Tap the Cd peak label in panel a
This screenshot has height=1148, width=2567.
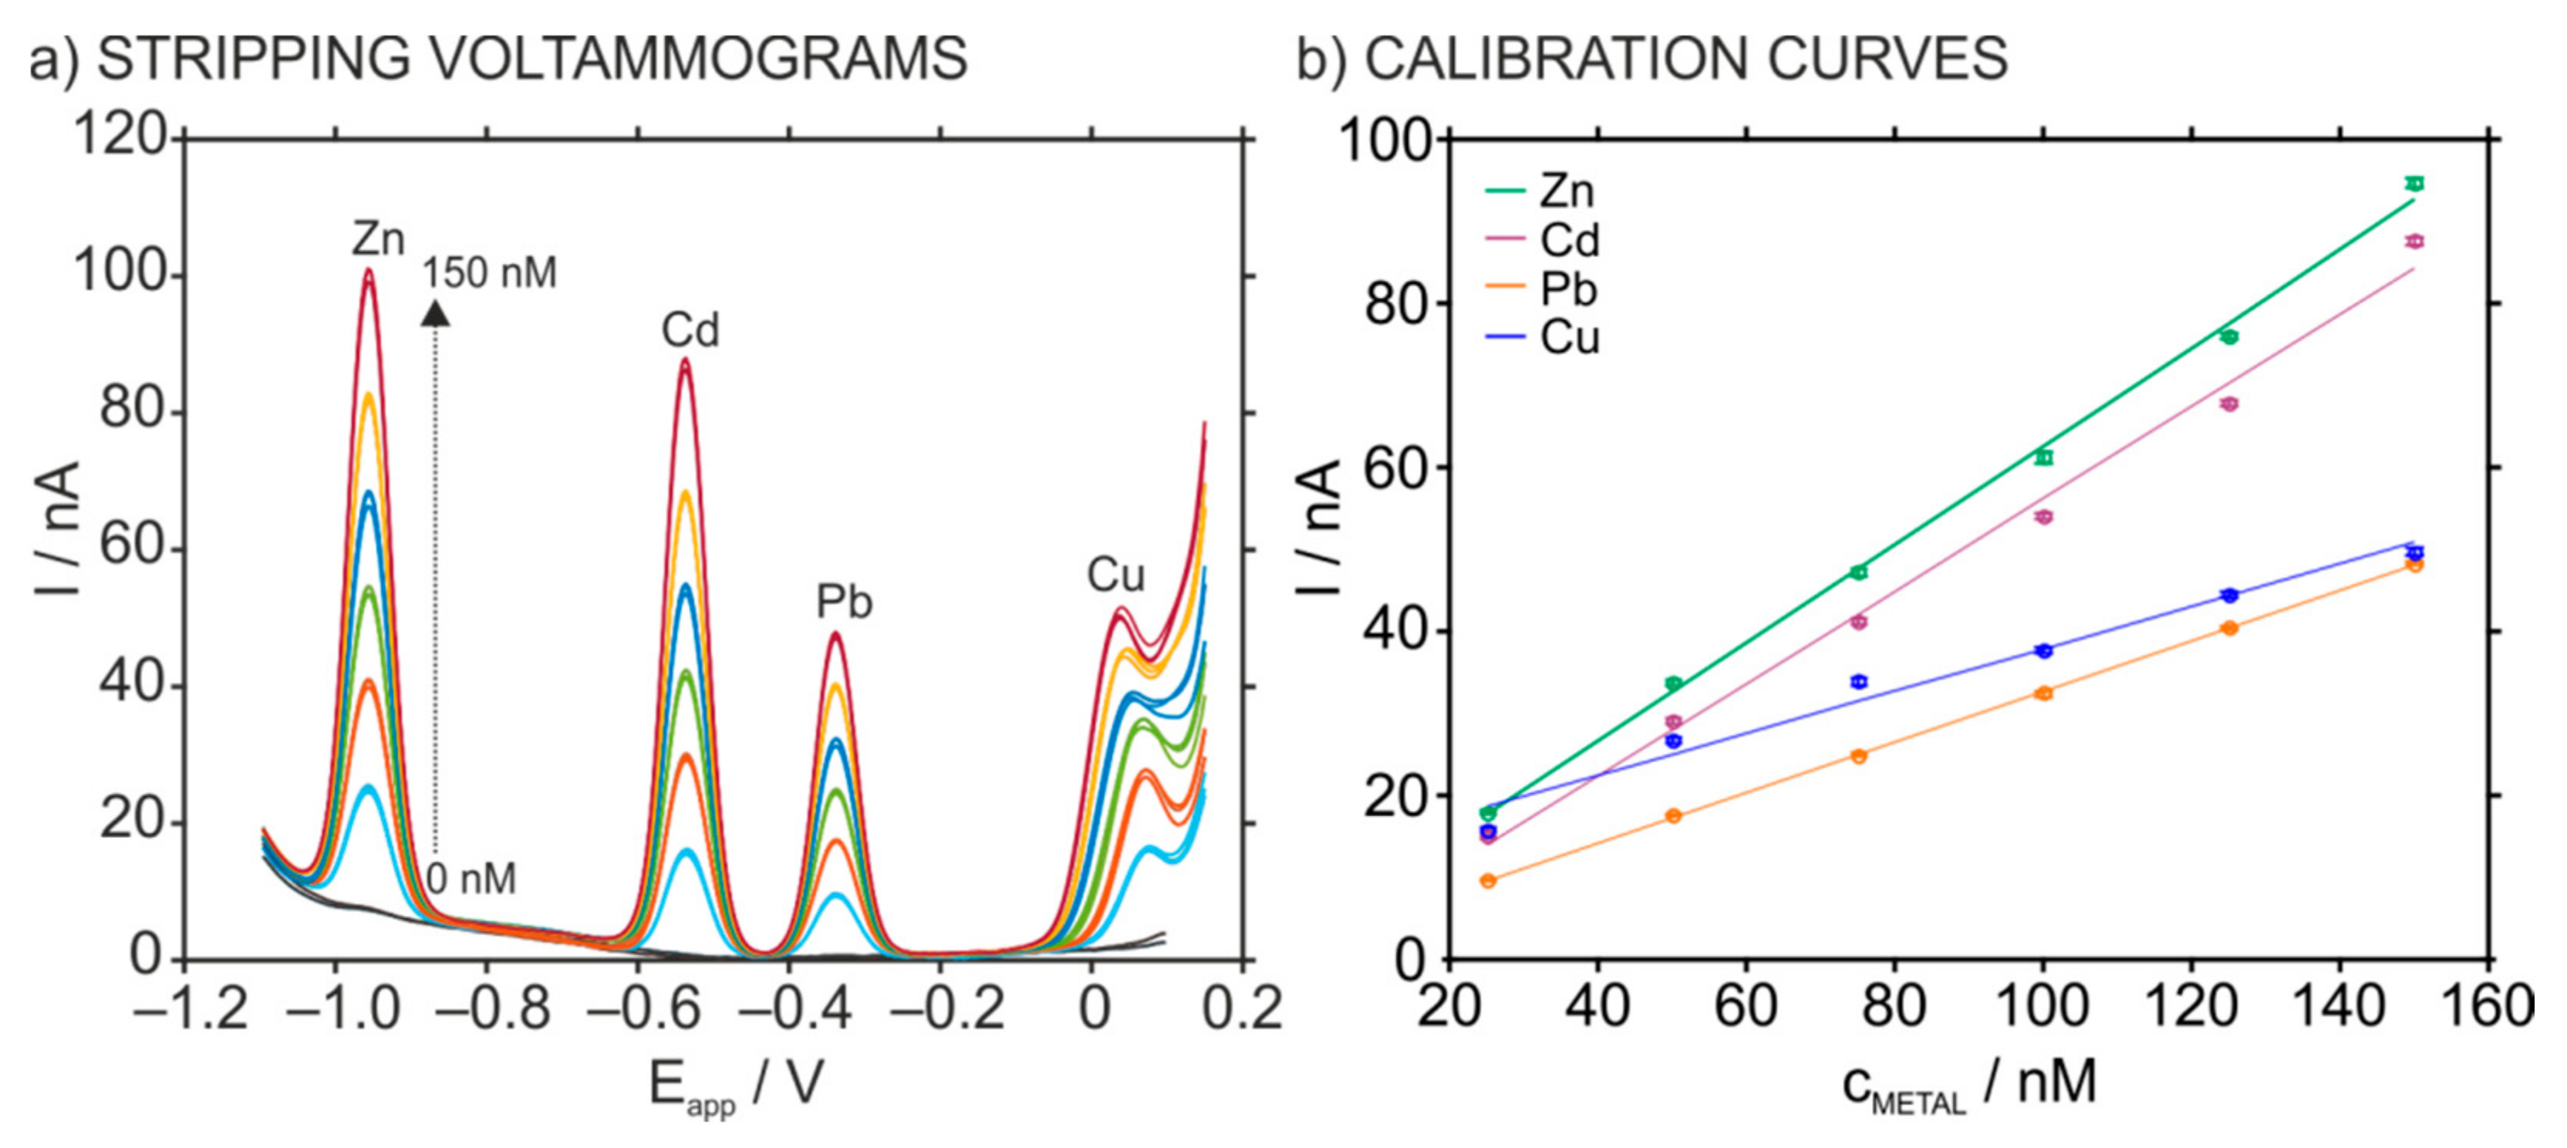point(690,330)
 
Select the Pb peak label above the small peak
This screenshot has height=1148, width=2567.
point(844,602)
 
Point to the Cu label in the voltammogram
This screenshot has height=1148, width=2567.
point(1115,575)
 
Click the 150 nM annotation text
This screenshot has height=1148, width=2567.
point(489,273)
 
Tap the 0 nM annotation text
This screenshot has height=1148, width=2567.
point(471,879)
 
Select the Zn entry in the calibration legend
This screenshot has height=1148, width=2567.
point(1567,191)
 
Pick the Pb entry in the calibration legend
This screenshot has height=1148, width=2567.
point(1567,289)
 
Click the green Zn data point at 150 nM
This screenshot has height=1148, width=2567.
point(2414,184)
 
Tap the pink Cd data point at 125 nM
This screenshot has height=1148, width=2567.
point(2229,403)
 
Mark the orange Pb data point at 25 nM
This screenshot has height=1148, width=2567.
point(1489,880)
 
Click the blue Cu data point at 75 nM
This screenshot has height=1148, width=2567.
point(1858,682)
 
